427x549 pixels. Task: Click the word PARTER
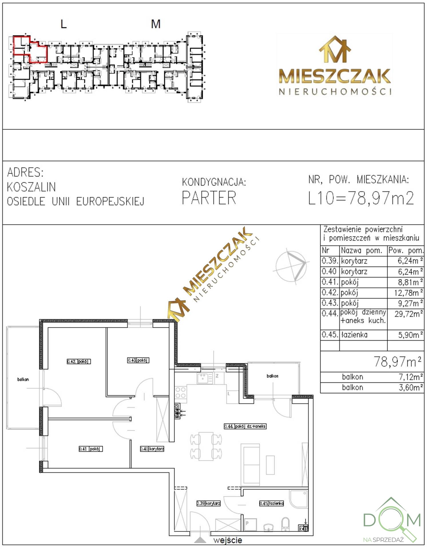pyautogui.click(x=209, y=198)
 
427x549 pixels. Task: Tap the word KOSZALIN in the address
pyautogui.click(x=31, y=187)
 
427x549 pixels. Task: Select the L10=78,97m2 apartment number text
pyautogui.click(x=361, y=198)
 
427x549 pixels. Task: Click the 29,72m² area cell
pyautogui.click(x=409, y=314)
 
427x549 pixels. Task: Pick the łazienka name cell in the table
pyautogui.click(x=354, y=335)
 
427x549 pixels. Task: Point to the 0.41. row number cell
pyautogui.click(x=330, y=282)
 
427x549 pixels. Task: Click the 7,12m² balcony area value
pyautogui.click(x=411, y=377)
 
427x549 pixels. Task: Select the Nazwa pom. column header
pyautogui.click(x=362, y=251)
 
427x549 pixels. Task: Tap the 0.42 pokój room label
pyautogui.click(x=79, y=361)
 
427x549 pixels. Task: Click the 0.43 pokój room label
pyautogui.click(x=138, y=360)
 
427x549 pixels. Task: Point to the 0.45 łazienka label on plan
pyautogui.click(x=271, y=503)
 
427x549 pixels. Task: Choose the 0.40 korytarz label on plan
pyautogui.click(x=152, y=449)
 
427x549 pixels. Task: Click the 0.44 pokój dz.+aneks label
pyautogui.click(x=245, y=426)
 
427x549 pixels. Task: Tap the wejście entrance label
pyautogui.click(x=228, y=540)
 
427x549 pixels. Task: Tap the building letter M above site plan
pyautogui.click(x=156, y=24)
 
